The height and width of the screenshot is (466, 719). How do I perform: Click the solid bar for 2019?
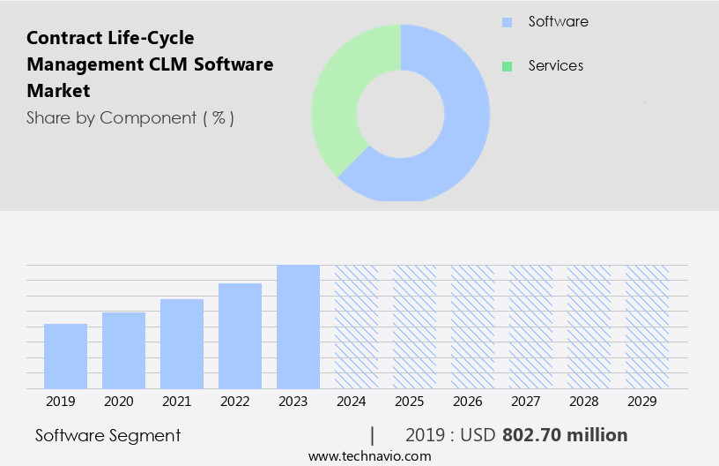click(65, 356)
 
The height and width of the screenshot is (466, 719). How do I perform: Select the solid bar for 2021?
click(182, 343)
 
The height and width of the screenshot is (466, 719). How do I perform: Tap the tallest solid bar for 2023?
click(298, 327)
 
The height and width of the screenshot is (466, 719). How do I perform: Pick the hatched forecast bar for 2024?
click(356, 327)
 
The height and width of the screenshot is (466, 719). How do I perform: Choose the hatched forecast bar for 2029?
click(647, 327)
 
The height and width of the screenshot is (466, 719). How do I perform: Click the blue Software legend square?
click(507, 22)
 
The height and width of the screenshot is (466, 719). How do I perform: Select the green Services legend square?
click(507, 66)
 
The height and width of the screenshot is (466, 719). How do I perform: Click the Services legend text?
click(555, 66)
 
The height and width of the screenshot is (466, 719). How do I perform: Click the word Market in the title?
click(58, 91)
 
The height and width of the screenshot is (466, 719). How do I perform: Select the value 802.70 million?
click(564, 435)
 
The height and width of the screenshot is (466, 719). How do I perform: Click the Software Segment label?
click(107, 435)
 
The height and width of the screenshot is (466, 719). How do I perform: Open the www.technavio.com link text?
click(370, 456)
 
